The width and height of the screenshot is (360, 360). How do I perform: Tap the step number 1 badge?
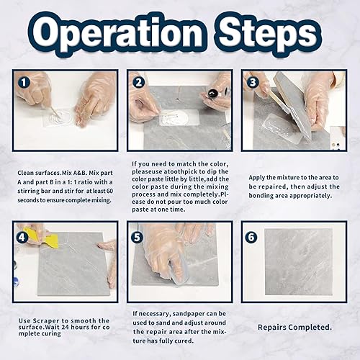(x=24, y=82)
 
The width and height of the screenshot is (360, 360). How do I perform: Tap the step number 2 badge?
(x=138, y=83)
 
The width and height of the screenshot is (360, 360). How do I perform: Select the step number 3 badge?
(x=253, y=82)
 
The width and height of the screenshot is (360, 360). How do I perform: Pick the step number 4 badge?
(x=22, y=238)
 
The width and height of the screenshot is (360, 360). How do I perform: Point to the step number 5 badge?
(x=137, y=238)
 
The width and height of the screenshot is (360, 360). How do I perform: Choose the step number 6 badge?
(x=251, y=237)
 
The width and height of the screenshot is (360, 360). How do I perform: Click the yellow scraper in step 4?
(x=48, y=236)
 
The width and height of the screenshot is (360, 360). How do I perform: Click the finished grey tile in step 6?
(x=299, y=262)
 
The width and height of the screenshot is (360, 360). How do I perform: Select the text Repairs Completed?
(x=294, y=327)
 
